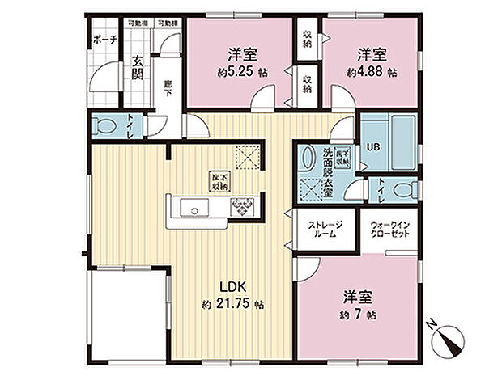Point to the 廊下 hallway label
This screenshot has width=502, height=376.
[x=168, y=87]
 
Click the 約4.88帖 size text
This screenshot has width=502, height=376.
[x=372, y=72]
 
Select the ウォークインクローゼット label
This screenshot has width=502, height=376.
[x=389, y=229]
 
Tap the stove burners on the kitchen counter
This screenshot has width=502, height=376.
[x=242, y=206]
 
